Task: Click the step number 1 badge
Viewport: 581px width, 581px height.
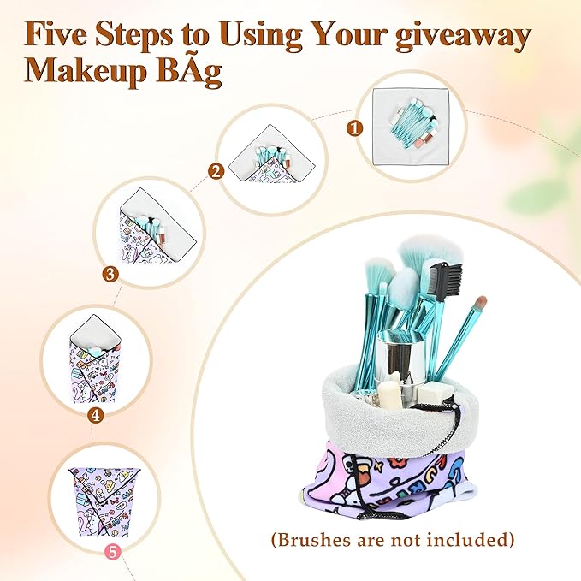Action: click(354, 128)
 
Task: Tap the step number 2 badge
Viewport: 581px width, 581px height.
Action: click(216, 172)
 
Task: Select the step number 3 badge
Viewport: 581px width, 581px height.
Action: click(110, 275)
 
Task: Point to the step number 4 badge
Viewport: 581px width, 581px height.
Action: click(95, 415)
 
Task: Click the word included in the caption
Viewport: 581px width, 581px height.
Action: click(466, 539)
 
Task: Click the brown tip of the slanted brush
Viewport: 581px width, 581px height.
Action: click(481, 303)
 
